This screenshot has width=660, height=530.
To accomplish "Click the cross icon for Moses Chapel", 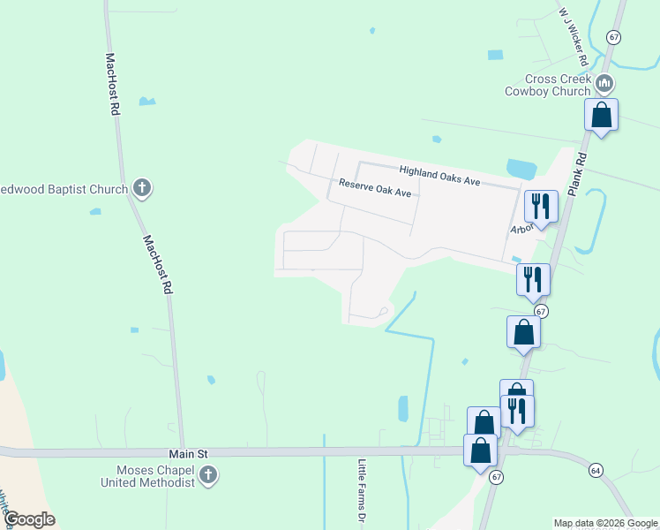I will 208,476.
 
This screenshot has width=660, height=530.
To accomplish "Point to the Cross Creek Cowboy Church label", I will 547,85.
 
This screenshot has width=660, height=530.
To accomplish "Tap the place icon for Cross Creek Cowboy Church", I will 604,85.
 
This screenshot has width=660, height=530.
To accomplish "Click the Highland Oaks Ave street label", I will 439,175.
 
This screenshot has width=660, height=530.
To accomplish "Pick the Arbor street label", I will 522,229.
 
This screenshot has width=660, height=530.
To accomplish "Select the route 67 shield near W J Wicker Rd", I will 614,36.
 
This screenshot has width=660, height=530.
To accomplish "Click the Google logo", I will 29,519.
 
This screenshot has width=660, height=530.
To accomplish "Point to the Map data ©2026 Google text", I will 606,523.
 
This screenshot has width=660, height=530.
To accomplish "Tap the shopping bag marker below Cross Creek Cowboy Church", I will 601,116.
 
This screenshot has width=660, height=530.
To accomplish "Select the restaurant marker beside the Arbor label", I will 540,207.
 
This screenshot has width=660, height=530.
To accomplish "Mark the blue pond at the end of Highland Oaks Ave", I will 521,168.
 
